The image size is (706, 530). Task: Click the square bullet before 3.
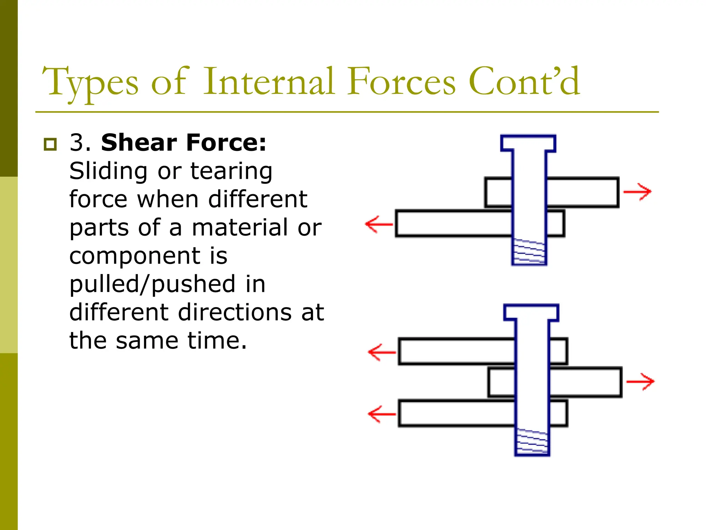50,144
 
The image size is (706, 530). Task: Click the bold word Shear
139,143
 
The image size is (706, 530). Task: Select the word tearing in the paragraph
231,171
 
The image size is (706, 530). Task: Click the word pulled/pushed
167,284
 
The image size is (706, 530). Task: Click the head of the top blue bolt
528,143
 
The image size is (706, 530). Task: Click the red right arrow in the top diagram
638,192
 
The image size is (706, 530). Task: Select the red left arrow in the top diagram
379,224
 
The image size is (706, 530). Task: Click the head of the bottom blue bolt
531,313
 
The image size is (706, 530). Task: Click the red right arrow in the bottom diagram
641,382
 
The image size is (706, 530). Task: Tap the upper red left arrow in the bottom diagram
382,352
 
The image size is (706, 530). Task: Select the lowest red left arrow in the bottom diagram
382,414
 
